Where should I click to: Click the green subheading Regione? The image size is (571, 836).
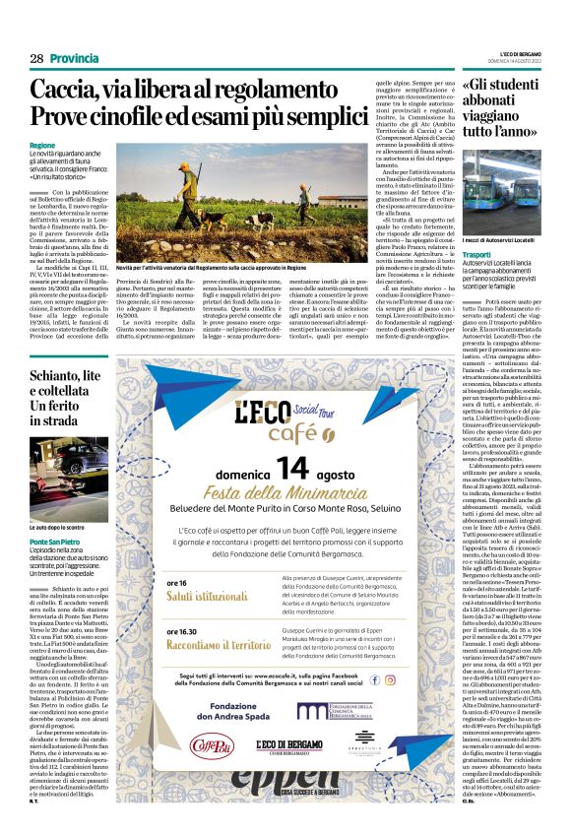pyautogui.click(x=42, y=146)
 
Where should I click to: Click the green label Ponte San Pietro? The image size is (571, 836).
pyautogui.click(x=55, y=541)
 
